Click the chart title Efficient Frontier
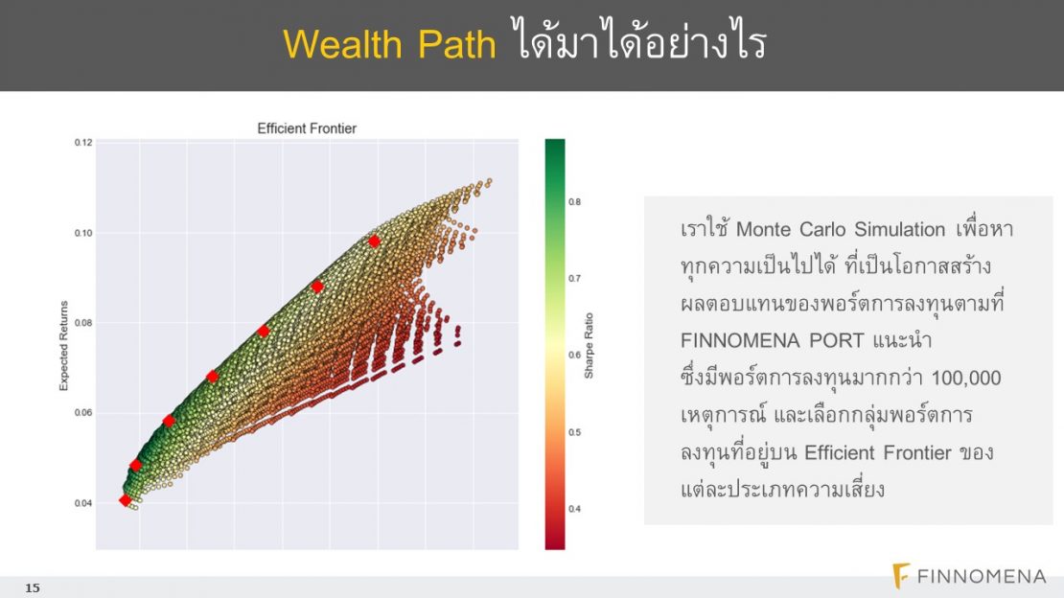point(307,128)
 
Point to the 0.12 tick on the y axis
point(82,143)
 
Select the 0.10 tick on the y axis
point(82,233)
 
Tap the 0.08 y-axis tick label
point(82,323)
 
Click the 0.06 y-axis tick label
point(82,413)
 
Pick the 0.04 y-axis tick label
point(82,503)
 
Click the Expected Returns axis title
point(64,346)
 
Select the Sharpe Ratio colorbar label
point(589,346)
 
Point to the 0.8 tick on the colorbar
point(575,201)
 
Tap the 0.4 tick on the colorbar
point(575,509)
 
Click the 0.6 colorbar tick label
point(575,355)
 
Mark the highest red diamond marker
point(374,241)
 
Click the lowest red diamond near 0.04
point(125,500)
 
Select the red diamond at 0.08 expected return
point(264,332)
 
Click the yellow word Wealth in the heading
point(342,45)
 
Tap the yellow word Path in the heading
point(456,45)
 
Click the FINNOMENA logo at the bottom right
point(969,576)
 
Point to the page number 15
point(33,587)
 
